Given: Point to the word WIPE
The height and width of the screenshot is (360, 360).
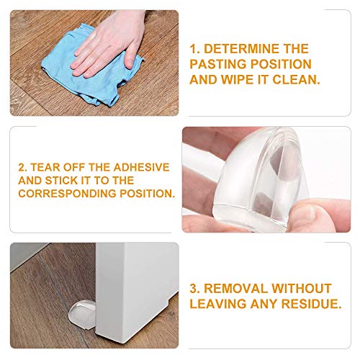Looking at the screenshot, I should point(238,79).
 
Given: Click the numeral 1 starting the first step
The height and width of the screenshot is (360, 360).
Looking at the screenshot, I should point(193,48).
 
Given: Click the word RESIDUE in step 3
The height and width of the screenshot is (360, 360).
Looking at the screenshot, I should point(307,303).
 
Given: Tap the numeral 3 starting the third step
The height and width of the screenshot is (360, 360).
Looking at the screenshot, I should point(193,288).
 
